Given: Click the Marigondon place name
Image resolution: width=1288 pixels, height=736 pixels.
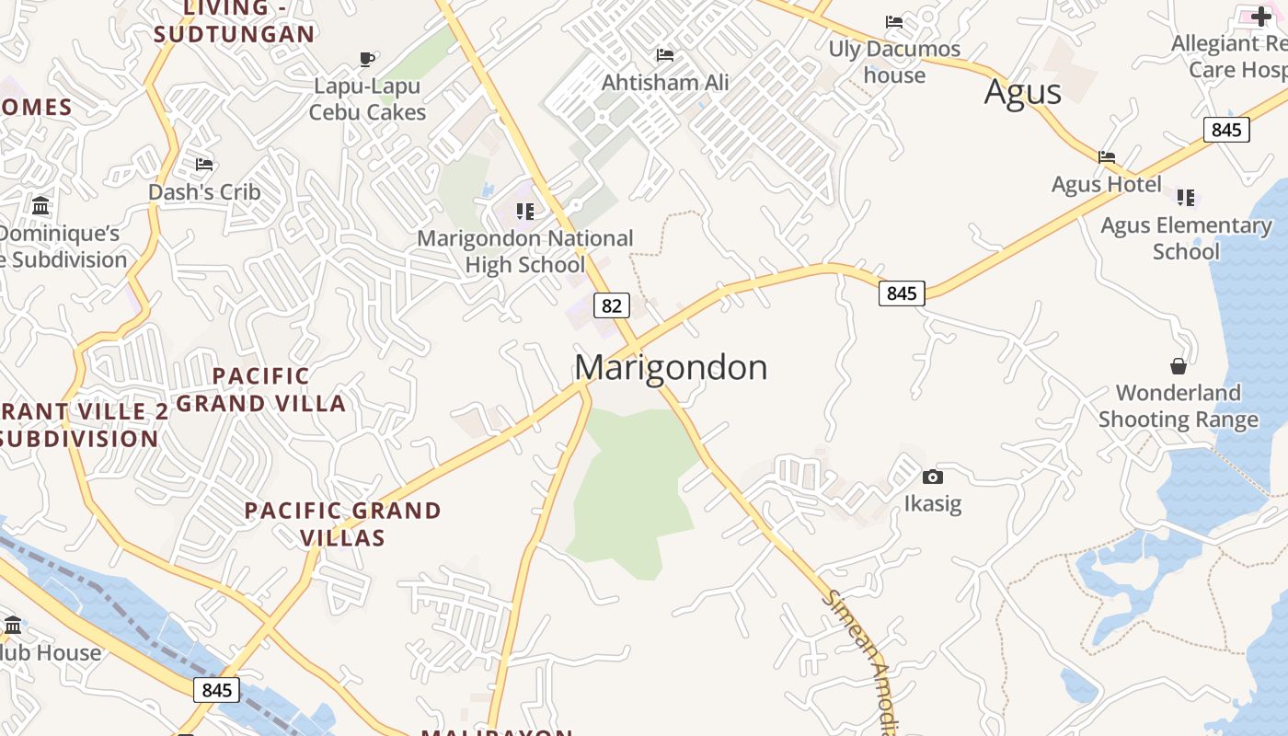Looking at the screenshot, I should tap(671, 368).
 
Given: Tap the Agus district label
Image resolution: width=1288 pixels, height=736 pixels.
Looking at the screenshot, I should tap(1022, 92).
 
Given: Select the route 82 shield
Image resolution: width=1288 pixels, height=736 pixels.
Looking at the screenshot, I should tap(611, 305).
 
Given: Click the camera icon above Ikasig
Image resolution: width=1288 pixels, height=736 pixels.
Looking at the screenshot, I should tap(932, 477).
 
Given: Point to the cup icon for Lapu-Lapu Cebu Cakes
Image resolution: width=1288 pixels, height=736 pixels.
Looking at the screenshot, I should tap(367, 60).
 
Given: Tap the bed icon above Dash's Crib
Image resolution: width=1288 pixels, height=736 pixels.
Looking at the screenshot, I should tap(204, 165).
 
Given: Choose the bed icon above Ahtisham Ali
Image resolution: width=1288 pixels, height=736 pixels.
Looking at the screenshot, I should tap(664, 55).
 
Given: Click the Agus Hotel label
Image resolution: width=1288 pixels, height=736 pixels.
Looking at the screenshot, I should tap(1106, 184).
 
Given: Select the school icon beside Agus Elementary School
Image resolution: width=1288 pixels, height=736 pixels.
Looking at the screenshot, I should tap(1186, 197).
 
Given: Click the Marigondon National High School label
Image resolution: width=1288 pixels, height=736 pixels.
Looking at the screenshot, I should tap(525, 251).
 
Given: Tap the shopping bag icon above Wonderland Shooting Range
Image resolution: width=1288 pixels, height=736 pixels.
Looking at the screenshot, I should tap(1178, 366).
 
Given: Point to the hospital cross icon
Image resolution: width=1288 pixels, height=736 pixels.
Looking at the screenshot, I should tap(1260, 16).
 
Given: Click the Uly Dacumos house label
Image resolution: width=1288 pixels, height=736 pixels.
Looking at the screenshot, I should tap(894, 62).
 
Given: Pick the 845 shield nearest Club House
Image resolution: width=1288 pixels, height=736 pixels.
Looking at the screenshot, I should tap(217, 690).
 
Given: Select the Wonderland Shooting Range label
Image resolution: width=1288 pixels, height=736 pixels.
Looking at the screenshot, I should tap(1178, 407).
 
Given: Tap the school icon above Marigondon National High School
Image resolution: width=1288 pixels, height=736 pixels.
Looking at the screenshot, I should tap(525, 212).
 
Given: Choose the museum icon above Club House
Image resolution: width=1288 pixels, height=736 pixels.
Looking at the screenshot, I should tap(13, 626).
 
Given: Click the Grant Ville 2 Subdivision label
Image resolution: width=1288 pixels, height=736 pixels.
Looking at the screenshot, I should tap(83, 424).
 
